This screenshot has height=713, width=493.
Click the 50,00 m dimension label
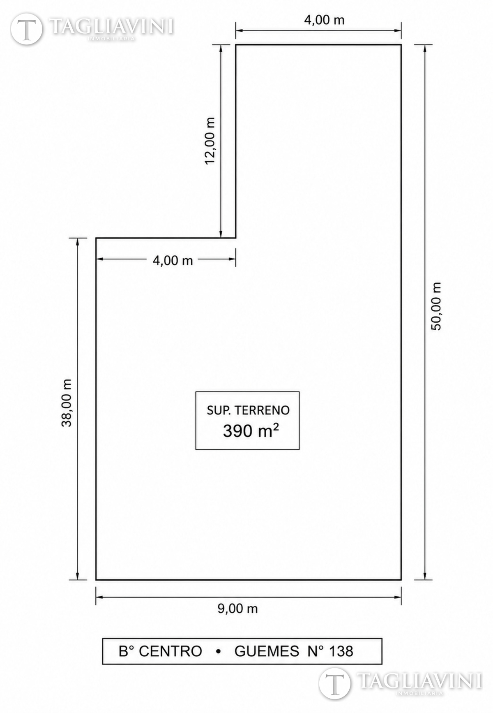click(x=436, y=306)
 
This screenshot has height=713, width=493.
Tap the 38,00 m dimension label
click(x=67, y=403)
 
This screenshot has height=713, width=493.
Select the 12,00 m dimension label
click(x=210, y=141)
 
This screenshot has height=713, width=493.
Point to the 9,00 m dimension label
click(x=237, y=608)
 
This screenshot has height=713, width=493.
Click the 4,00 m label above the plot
click(x=324, y=20)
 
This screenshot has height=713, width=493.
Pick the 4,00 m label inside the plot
click(x=173, y=260)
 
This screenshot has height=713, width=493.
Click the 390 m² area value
click(x=251, y=431)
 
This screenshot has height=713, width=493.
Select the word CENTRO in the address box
click(x=170, y=651)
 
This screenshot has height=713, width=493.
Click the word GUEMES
click(x=267, y=651)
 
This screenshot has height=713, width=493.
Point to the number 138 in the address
click(x=341, y=651)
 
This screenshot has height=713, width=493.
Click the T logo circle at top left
click(x=27, y=29)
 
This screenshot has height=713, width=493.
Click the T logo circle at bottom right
click(x=335, y=683)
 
